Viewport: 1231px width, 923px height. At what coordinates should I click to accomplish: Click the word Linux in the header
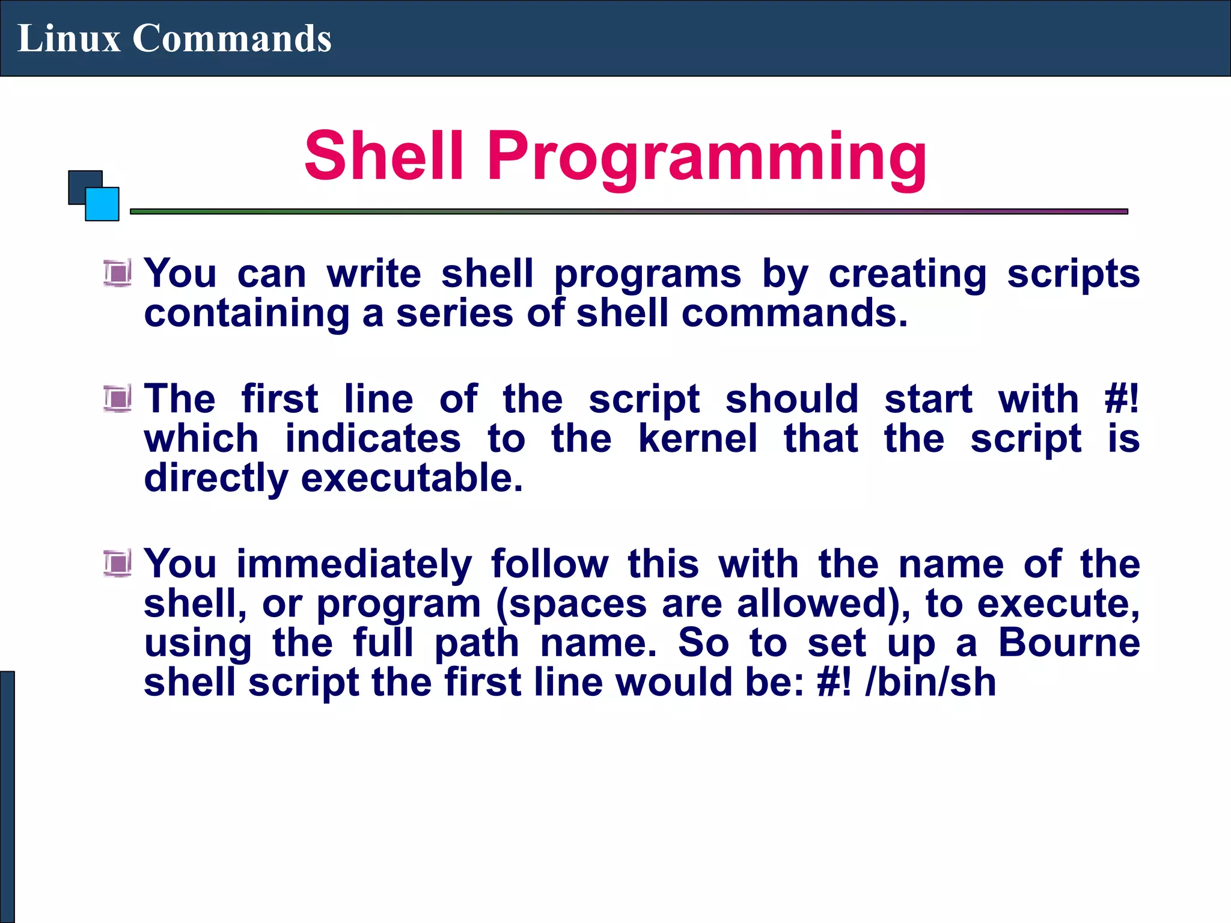(69, 38)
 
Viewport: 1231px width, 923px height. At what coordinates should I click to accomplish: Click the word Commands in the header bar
(231, 38)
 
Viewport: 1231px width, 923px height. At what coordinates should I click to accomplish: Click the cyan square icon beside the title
(103, 204)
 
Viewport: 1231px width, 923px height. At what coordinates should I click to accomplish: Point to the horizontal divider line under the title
(629, 212)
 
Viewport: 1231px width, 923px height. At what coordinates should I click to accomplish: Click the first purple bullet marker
(117, 273)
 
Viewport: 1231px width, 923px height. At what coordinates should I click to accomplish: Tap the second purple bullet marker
(117, 399)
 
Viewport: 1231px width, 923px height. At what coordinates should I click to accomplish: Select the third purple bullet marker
(117, 564)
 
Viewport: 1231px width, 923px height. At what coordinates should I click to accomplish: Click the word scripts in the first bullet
(1073, 274)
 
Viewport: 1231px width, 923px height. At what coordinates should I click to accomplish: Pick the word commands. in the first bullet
(794, 314)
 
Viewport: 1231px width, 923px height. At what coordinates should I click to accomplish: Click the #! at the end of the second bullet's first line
(1122, 399)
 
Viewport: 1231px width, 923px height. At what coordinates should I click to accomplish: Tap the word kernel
(697, 439)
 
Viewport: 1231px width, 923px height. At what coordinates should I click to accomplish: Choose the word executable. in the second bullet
(412, 478)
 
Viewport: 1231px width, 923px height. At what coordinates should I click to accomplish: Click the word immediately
(354, 565)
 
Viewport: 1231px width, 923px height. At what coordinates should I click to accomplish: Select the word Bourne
(1069, 643)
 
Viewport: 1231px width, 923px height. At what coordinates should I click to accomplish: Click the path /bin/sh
(930, 683)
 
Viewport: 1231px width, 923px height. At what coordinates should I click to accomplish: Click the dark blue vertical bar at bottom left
(7, 797)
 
